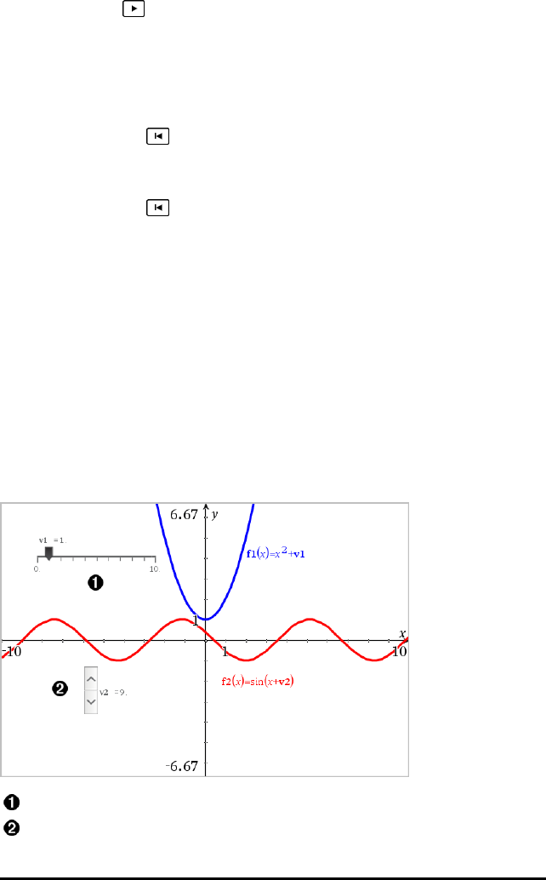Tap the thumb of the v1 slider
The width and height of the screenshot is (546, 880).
point(48,553)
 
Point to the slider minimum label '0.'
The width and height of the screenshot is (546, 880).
point(37,569)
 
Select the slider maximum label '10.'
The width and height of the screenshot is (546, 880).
point(153,569)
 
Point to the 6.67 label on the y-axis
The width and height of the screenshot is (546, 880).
point(184,514)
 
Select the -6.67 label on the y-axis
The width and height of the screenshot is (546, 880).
point(182,766)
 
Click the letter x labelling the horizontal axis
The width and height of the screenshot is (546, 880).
point(403,633)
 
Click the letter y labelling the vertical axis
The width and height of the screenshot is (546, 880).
point(216,515)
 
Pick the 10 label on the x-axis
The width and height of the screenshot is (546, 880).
point(398,651)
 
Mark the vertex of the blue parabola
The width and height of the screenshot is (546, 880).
point(206,619)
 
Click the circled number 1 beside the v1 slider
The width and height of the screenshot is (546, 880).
point(95,583)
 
